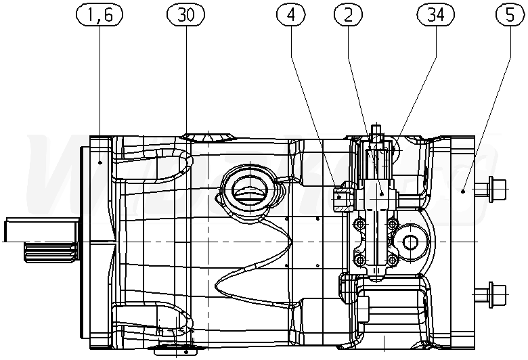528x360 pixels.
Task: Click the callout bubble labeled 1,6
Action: click(100, 15)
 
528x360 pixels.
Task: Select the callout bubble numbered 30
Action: click(186, 15)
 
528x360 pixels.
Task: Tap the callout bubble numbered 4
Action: click(291, 15)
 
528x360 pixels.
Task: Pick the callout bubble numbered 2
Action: click(349, 15)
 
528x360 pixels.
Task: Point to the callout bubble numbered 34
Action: click(436, 15)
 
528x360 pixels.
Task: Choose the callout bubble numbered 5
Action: click(510, 15)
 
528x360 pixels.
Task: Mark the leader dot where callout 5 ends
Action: click(463, 192)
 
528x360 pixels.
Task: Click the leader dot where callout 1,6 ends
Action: click(100, 162)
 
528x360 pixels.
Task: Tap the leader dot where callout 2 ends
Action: click(382, 194)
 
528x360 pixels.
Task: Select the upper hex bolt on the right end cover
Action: click(490, 189)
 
